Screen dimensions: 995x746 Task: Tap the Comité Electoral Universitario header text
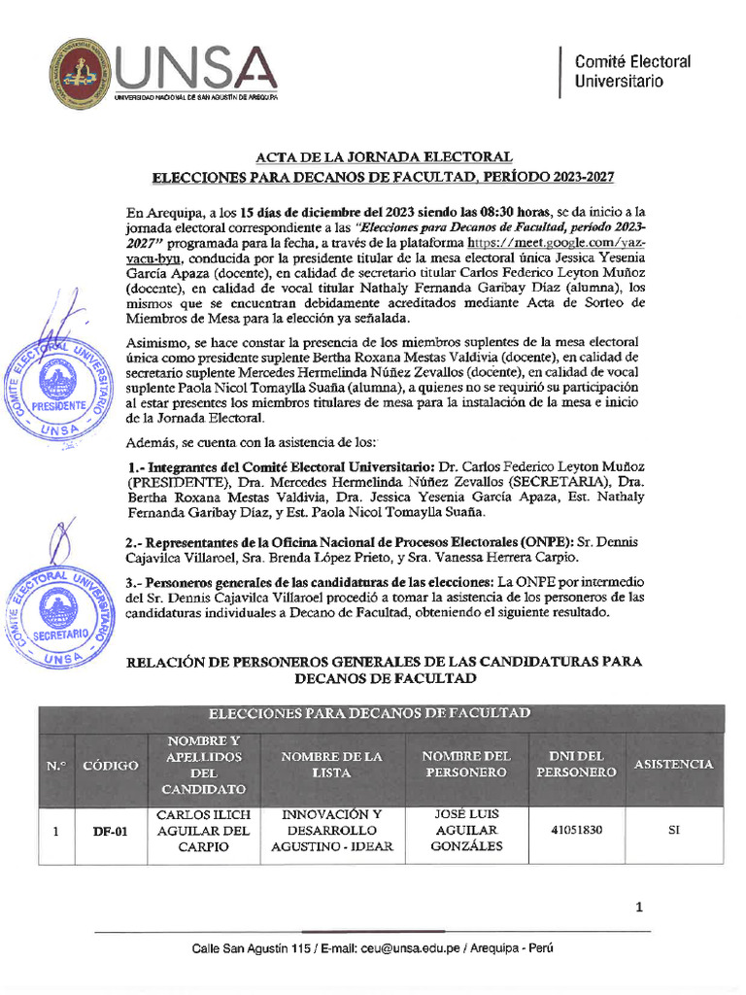tap(632, 71)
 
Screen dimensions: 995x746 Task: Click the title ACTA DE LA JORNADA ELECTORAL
tap(383, 157)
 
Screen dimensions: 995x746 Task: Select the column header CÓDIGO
tap(110, 765)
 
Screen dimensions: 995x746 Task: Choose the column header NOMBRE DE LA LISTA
tap(331, 765)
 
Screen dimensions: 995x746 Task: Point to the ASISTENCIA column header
tap(673, 765)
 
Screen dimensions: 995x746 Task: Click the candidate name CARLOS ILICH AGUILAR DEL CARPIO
tap(203, 831)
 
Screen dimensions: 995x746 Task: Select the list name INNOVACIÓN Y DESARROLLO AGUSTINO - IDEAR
tap(331, 831)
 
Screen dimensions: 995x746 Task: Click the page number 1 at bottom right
tap(639, 908)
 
